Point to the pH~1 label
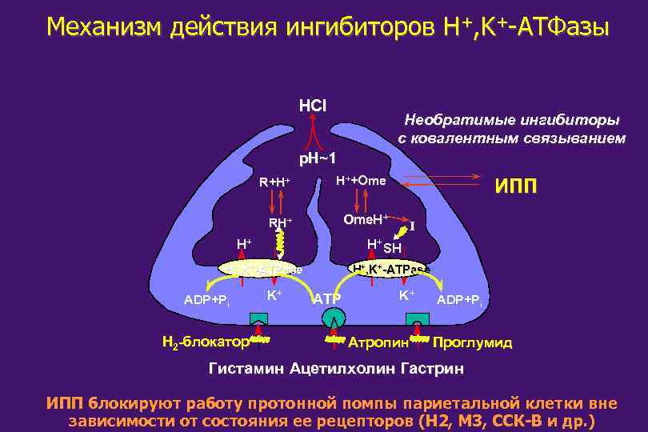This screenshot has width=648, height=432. [317, 157]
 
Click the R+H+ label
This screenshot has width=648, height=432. [274, 182]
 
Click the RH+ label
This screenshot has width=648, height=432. [280, 223]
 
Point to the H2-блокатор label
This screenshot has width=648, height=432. [204, 342]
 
